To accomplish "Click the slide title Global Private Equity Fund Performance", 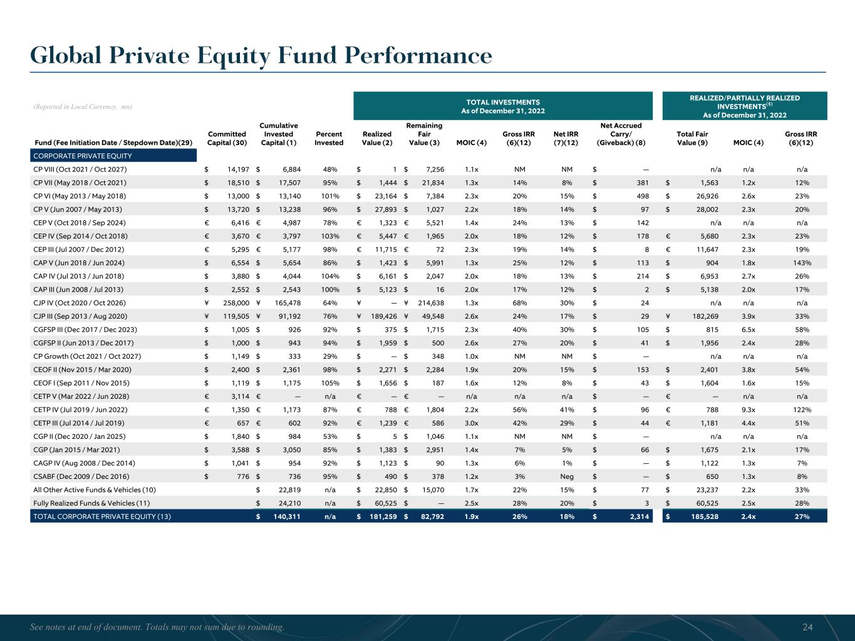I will point(261,56).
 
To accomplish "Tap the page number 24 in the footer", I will point(807,627).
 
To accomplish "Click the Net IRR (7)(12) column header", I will point(566,138).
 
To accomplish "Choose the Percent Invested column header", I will point(329,138).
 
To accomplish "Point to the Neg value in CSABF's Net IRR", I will point(566,476).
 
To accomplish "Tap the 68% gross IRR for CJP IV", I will point(519,303).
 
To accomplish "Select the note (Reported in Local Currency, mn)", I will point(81,107).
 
